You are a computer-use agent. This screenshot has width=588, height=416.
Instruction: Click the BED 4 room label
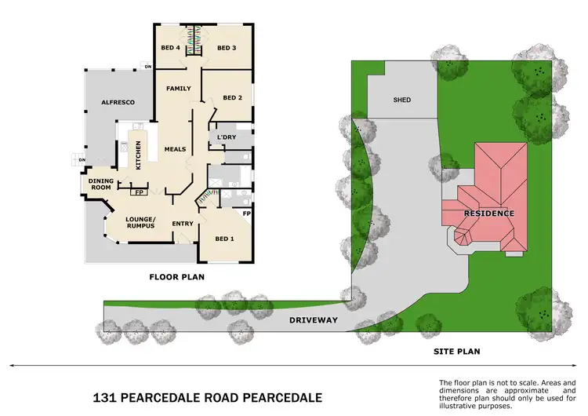170,48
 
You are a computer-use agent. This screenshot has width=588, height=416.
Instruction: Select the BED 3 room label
227,48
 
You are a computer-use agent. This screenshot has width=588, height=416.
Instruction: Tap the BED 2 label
232,98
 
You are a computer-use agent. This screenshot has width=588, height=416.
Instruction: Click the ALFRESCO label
118,103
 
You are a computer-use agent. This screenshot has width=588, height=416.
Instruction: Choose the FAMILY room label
179,89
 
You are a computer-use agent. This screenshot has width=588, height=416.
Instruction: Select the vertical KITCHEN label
138,155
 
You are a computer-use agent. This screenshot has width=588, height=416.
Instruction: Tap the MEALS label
175,148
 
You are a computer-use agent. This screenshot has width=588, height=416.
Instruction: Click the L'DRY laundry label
226,138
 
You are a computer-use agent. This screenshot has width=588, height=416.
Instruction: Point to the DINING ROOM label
100,185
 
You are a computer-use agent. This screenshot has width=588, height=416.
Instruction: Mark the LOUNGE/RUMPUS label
141,221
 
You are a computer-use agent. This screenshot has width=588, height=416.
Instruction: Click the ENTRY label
183,224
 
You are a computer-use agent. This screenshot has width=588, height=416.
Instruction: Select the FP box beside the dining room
140,192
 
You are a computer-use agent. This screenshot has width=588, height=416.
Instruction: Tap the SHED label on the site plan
401,100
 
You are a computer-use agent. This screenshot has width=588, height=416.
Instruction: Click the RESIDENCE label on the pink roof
488,213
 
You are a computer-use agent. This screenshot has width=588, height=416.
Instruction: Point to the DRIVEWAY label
313,320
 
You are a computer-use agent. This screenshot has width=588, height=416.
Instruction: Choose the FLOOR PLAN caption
177,277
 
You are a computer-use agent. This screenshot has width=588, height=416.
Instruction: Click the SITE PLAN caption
458,352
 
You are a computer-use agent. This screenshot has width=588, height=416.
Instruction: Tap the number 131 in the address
102,397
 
